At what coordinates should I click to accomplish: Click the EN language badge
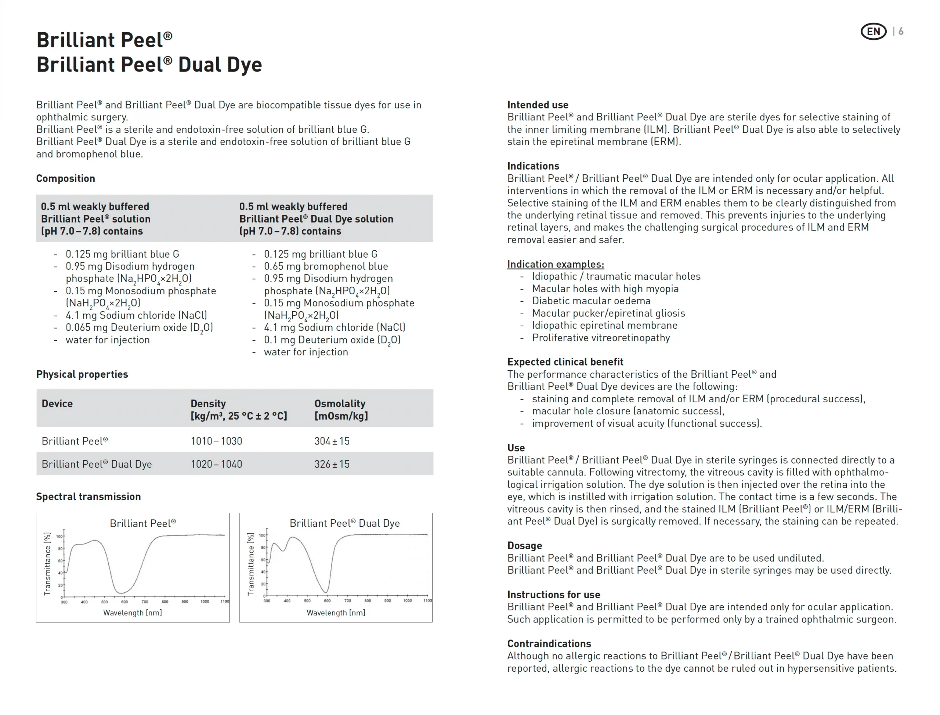[873, 32]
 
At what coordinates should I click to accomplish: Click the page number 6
[901, 32]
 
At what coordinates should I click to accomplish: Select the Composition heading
[66, 178]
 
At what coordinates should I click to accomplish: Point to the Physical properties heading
[82, 374]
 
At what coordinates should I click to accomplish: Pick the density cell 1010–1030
[216, 441]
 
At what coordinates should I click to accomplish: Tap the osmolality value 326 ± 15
[332, 464]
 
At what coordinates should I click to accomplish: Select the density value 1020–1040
[216, 464]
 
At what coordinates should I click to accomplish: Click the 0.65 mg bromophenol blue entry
[326, 266]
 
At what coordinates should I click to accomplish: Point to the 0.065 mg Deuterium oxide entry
[139, 327]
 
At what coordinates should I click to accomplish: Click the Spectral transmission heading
[88, 496]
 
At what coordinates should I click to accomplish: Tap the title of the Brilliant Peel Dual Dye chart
[344, 523]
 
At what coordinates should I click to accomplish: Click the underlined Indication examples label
[555, 264]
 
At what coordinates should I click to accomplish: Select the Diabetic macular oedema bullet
[591, 301]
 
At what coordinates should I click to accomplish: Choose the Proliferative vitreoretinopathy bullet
[601, 338]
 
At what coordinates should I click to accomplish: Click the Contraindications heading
[549, 643]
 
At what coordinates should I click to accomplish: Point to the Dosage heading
[524, 546]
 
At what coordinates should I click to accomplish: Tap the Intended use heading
[537, 105]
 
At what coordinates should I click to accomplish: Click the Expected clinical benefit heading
[565, 362]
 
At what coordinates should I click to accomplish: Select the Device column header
[57, 403]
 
